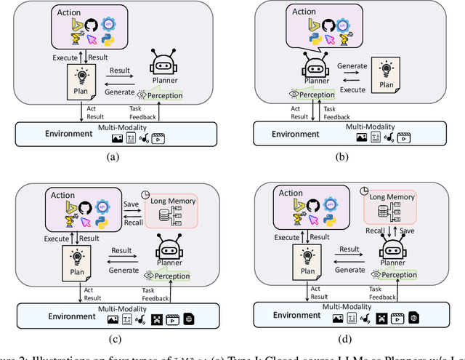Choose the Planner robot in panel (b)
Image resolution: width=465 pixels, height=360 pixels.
[x=312, y=68]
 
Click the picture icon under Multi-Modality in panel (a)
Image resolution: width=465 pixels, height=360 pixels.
[x=117, y=137]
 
